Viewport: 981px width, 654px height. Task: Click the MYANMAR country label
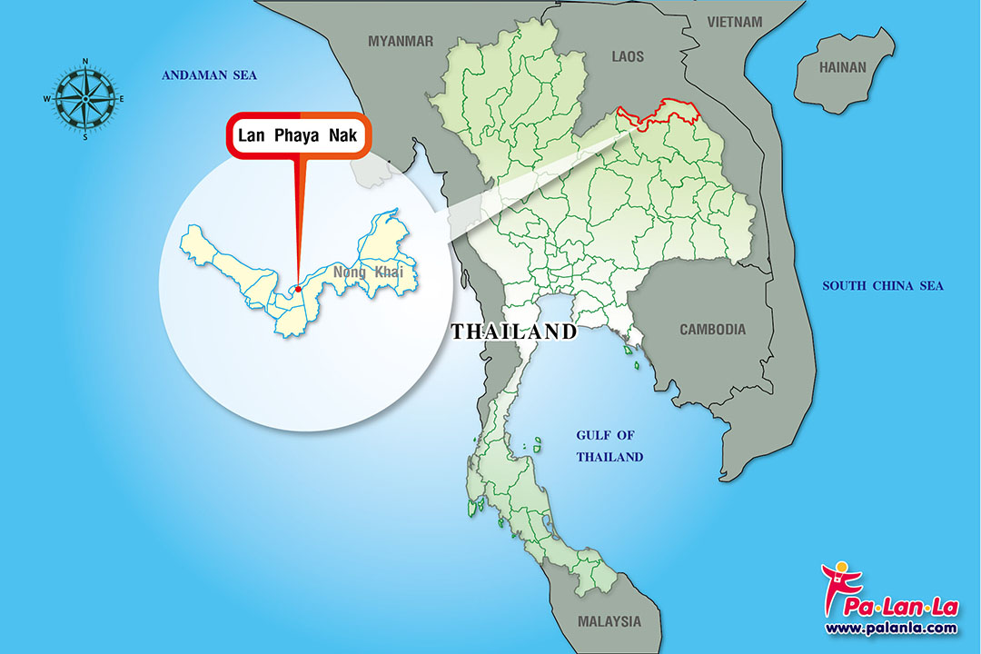tap(401, 41)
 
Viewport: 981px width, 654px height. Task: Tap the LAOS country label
tap(628, 56)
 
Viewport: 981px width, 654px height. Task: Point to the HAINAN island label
tap(843, 67)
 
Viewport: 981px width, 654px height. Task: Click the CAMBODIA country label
tap(713, 330)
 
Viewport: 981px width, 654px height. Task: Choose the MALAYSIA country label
tap(609, 622)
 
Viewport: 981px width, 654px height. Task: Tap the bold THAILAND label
tap(514, 332)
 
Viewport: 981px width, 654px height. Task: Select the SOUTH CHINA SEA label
tap(883, 286)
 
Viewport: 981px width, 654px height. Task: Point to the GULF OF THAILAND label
tap(609, 446)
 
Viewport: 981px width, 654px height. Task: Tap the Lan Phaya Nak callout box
tap(299, 137)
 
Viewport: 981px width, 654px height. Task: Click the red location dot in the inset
tap(298, 290)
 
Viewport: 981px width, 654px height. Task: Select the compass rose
tap(84, 99)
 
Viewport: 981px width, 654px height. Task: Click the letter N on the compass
tap(85, 62)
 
